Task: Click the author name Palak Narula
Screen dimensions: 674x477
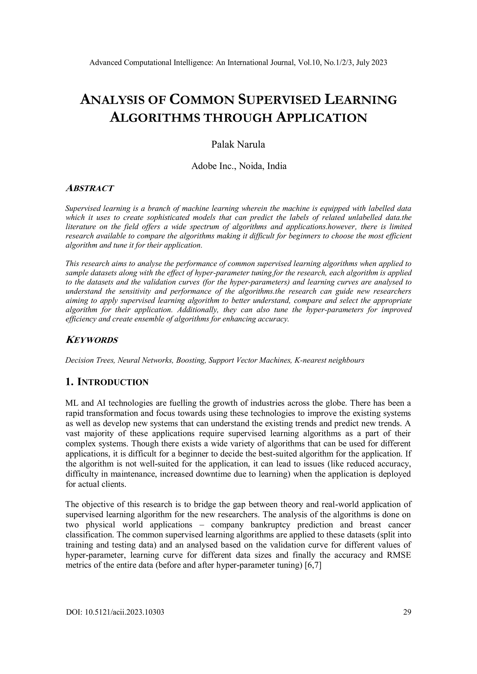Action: pos(238,145)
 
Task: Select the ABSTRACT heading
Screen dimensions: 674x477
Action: pos(89,188)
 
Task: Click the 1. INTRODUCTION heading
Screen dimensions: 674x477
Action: pos(107,382)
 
